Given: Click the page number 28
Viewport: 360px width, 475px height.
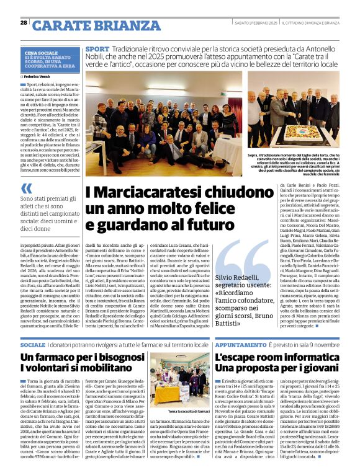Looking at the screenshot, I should [x=24, y=22].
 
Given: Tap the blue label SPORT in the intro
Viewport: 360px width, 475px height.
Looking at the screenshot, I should [x=97, y=48].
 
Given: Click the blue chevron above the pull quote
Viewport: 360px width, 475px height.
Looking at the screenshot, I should [x=25, y=189].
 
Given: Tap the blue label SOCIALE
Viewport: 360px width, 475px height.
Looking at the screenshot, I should [x=32, y=344].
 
